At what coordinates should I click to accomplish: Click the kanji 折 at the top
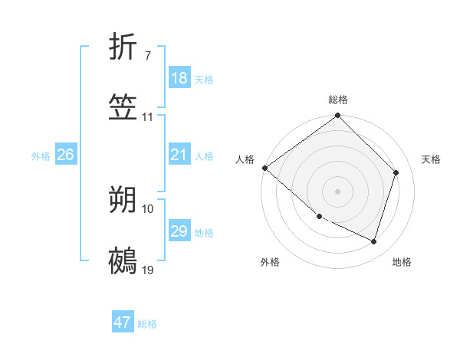point(123,49)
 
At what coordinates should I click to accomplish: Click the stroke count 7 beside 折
point(147,56)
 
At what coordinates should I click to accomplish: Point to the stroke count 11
point(148,117)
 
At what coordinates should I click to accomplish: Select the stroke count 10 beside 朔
point(148,208)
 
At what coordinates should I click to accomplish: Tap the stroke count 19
point(148,270)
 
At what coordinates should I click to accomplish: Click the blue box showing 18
point(179,78)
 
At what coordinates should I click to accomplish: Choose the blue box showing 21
point(179,155)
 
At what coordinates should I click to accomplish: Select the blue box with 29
point(179,231)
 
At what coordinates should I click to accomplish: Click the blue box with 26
point(65,155)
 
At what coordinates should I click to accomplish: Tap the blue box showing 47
point(123,322)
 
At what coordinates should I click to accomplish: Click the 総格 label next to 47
point(147,324)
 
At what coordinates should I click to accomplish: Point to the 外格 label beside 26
point(41,156)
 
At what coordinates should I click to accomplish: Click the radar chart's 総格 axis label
point(338,100)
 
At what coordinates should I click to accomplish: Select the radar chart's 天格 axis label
point(431,159)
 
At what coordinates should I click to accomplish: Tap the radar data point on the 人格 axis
point(264,168)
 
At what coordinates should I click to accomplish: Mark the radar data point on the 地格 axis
point(373,241)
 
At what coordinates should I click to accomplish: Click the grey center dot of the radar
point(337,191)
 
